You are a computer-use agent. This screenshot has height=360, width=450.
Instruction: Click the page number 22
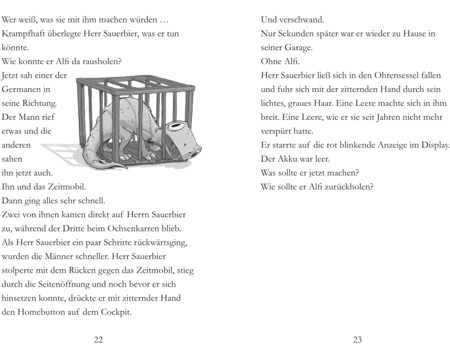(x=98, y=340)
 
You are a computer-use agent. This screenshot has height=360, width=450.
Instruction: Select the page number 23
(x=357, y=340)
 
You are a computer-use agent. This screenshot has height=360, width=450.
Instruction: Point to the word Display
(x=434, y=145)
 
